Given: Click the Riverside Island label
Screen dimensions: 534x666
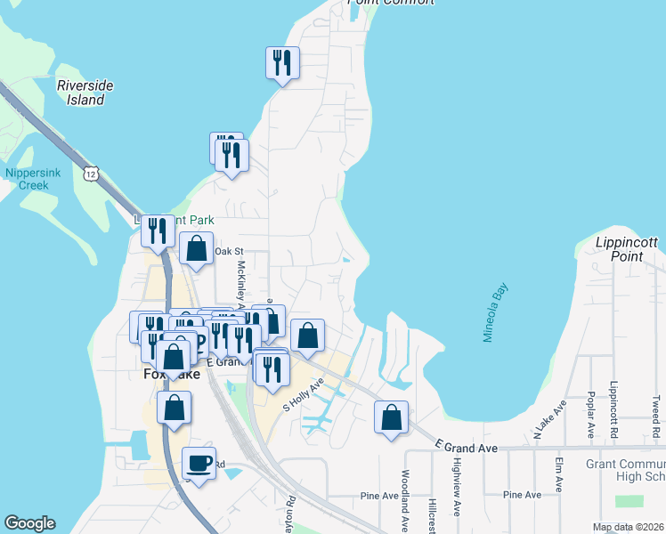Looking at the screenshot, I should [85, 93].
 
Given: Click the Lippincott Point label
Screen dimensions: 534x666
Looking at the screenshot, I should [629, 249].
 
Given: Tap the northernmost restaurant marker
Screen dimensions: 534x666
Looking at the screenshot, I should [282, 63].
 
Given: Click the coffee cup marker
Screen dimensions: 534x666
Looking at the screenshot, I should [198, 464].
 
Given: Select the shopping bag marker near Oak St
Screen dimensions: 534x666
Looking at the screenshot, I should [196, 248].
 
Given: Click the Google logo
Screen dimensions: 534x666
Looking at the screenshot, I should [29, 523].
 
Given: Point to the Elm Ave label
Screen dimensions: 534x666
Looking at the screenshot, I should [559, 474].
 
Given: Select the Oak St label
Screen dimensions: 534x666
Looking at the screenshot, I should [229, 252].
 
